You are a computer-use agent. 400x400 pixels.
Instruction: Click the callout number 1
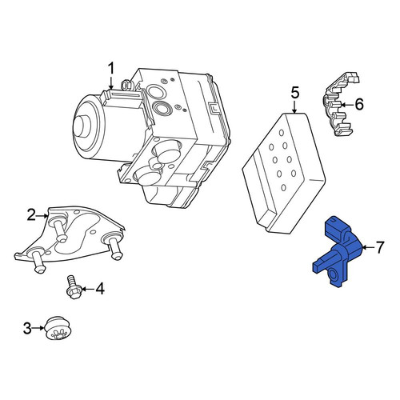pos(111,68)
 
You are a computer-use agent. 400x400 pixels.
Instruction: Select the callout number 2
pos(31,215)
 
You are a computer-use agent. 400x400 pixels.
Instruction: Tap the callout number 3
pos(27,328)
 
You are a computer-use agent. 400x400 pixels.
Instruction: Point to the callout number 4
pos(99,289)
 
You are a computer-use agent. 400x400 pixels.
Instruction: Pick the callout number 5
pos(294,93)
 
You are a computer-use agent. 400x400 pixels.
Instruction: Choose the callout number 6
pos(359,104)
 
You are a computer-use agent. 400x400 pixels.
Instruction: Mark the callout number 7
pos(380,247)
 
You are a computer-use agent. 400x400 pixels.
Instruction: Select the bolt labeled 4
pos(72,287)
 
